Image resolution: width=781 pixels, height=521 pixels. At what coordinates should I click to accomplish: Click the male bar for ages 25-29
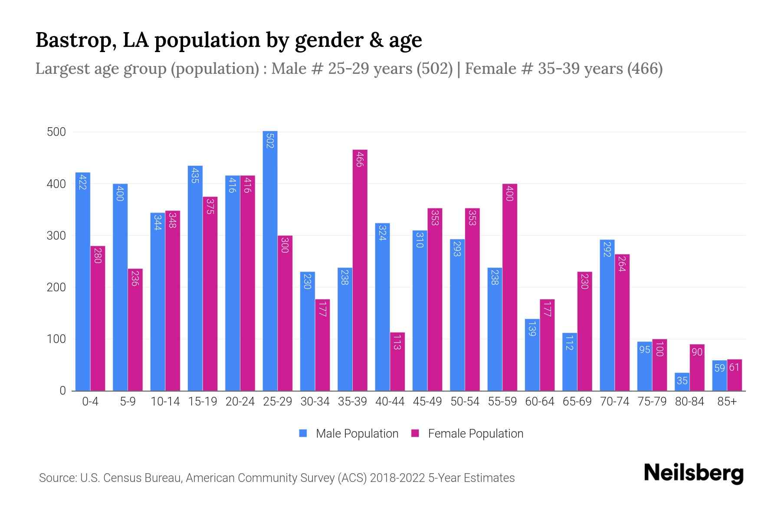click(x=270, y=260)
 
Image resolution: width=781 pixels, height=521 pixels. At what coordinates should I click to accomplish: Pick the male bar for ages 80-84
click(x=682, y=382)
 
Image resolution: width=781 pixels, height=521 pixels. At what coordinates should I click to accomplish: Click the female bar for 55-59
click(x=509, y=287)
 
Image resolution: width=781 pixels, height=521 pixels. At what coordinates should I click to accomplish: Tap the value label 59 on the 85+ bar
click(x=719, y=368)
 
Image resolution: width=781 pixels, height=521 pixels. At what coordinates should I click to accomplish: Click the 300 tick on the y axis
click(x=56, y=236)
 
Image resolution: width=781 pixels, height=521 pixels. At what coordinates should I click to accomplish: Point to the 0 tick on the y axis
click(x=63, y=391)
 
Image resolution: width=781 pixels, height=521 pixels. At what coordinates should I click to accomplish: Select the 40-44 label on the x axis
click(x=390, y=402)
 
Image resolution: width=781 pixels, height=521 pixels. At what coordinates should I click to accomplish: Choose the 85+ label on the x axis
click(x=727, y=402)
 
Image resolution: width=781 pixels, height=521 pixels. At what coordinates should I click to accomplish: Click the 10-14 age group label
click(x=165, y=402)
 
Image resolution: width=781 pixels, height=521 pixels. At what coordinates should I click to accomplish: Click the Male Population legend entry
click(x=349, y=434)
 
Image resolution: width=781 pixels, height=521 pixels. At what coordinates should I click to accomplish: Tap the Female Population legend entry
click(x=468, y=434)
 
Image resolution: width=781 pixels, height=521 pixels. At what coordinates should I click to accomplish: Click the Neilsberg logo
click(x=693, y=473)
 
